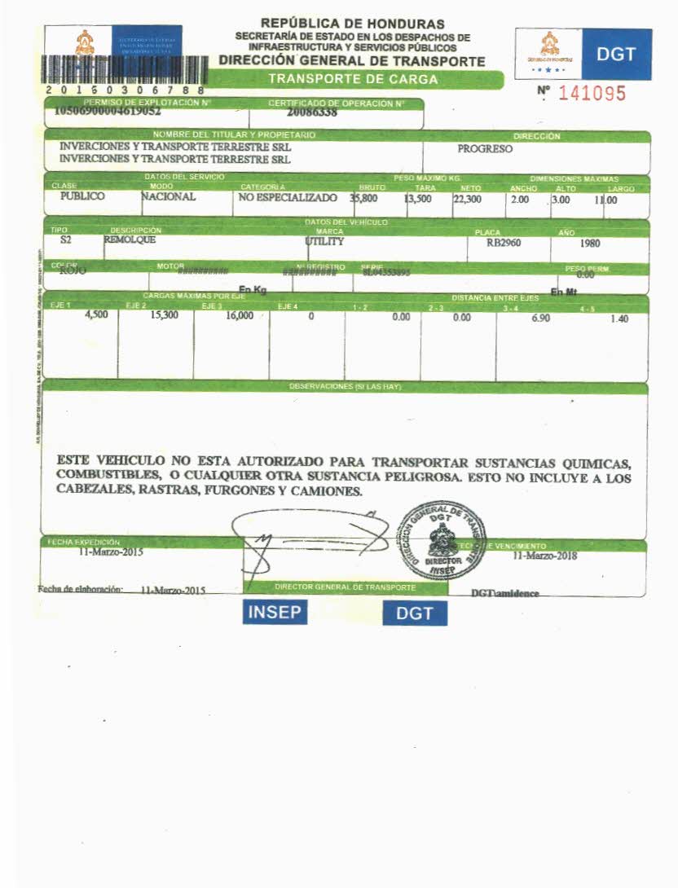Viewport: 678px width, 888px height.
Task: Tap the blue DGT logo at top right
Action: coord(616,54)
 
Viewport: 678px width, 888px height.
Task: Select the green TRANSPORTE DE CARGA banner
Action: coord(354,79)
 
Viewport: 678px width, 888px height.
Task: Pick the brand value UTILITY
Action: coord(325,242)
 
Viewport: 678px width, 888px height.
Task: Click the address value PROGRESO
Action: coord(485,149)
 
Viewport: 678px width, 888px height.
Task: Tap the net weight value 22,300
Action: coord(467,198)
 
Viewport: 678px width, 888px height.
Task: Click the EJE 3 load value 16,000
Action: coord(240,315)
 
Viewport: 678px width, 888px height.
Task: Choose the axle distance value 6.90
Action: coord(540,318)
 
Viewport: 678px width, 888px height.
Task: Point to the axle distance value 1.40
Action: coord(619,319)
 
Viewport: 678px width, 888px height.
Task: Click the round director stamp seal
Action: coord(440,540)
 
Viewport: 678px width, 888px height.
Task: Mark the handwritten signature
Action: coord(302,542)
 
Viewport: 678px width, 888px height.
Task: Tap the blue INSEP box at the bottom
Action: coord(275,612)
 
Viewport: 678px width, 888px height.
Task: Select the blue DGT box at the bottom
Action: coord(415,613)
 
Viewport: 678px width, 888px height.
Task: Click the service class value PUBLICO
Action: coord(82,196)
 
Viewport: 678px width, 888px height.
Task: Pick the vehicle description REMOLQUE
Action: coord(130,240)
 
